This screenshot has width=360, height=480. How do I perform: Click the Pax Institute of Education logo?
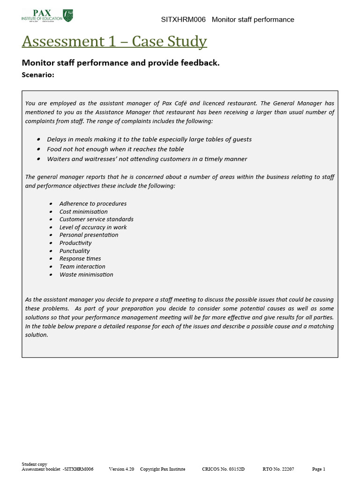click(x=47, y=15)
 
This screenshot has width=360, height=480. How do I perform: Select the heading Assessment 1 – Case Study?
click(x=114, y=42)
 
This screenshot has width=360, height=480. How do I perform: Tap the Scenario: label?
click(x=38, y=74)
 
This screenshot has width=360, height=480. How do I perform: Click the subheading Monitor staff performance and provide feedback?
click(x=120, y=63)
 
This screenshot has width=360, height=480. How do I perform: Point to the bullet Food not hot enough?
click(x=115, y=149)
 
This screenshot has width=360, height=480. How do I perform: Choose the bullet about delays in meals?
click(x=149, y=139)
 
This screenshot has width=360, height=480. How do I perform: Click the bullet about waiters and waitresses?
click(x=147, y=159)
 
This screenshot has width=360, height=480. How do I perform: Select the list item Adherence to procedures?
click(x=93, y=203)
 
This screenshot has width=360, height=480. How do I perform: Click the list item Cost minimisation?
click(x=83, y=211)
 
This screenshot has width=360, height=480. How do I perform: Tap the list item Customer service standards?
click(x=96, y=219)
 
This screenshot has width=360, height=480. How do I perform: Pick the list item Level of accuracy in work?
click(x=93, y=227)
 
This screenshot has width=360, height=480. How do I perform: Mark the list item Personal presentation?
click(x=89, y=235)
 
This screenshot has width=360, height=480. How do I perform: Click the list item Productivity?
click(x=75, y=243)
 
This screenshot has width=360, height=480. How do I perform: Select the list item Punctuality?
click(x=75, y=251)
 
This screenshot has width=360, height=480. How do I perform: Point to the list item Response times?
click(x=80, y=259)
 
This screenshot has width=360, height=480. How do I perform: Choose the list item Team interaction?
click(x=82, y=267)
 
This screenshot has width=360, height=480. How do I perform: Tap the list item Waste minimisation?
click(x=86, y=275)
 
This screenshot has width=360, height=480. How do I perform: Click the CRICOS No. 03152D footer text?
click(x=223, y=469)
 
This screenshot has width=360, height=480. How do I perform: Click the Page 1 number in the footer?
click(x=318, y=469)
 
